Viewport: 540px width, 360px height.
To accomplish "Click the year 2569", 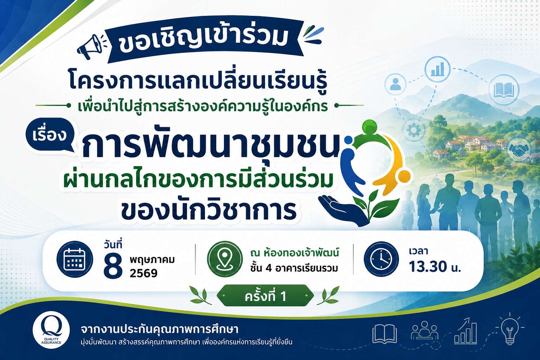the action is point(144,273).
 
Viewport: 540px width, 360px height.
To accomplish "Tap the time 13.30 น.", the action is point(435,267).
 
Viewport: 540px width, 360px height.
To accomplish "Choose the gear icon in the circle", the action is point(413,130).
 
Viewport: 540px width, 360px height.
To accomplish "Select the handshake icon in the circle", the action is point(518,149).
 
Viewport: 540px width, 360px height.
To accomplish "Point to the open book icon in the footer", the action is point(384,334).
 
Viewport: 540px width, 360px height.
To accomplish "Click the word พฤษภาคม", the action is point(152,260).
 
